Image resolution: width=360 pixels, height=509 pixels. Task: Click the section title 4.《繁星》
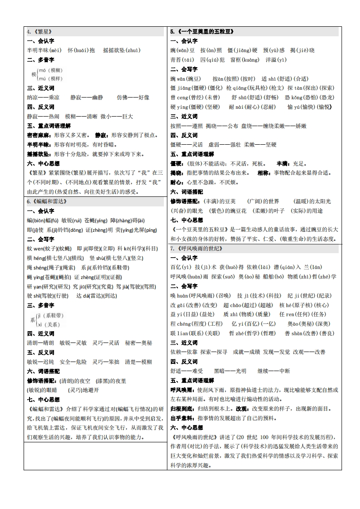(39, 32)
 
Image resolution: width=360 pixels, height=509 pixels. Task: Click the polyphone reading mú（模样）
(50, 78)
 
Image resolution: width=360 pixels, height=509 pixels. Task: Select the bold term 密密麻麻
(38, 135)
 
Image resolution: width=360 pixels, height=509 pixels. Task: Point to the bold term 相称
(264, 173)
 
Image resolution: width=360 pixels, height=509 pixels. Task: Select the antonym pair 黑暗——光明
(230, 371)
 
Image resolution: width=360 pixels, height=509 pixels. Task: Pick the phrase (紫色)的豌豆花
(227, 211)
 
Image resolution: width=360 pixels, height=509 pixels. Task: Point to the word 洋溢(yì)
(276, 60)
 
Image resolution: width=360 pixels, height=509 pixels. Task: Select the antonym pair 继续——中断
(273, 371)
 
